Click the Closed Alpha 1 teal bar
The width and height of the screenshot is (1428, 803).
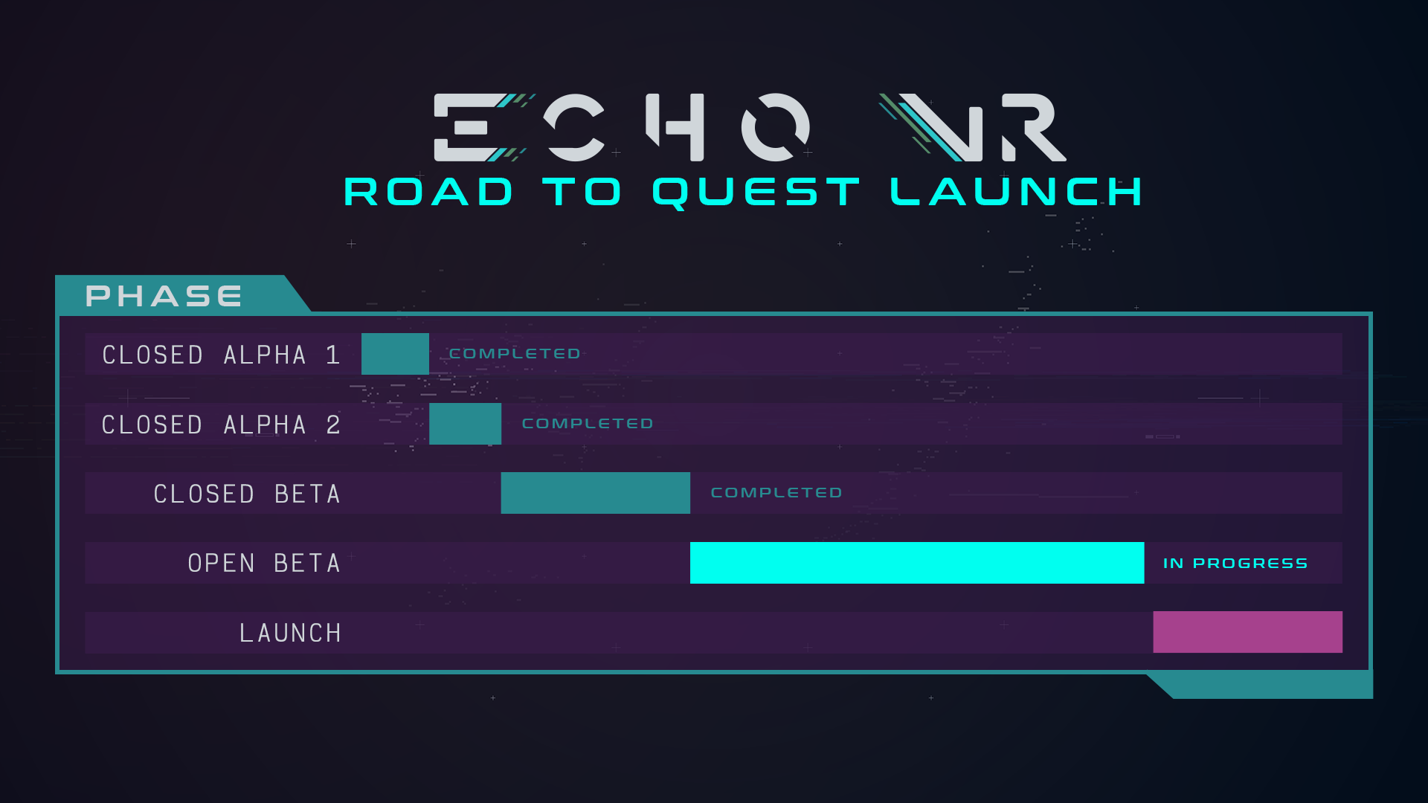coord(395,354)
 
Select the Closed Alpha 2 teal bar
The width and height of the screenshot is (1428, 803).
coord(466,424)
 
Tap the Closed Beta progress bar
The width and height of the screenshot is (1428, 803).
coord(596,493)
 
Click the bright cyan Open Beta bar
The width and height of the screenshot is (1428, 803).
coord(917,563)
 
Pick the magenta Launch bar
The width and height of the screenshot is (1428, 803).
coord(1248,632)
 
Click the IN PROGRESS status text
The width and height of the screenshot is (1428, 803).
coord(1235,564)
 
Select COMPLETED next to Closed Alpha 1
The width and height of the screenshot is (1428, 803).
coord(515,354)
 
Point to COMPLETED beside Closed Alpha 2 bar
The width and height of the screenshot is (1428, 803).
coord(588,424)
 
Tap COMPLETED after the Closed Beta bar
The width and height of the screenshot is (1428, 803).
coord(776,493)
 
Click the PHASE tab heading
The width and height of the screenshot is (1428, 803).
coord(164,296)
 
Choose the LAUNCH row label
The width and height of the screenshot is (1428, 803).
coord(290,633)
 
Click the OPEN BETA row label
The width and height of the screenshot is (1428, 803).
coord(264,563)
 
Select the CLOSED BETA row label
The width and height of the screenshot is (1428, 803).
coord(247,494)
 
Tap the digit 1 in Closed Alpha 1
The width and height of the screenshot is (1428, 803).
coord(333,355)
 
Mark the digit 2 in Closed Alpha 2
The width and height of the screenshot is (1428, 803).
coord(333,425)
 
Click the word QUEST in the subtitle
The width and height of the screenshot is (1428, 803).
coord(756,193)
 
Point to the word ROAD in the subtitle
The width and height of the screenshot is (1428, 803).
coord(428,192)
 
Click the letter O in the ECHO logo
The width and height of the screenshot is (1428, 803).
coord(775,127)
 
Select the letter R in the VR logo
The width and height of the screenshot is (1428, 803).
coord(1033,127)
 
